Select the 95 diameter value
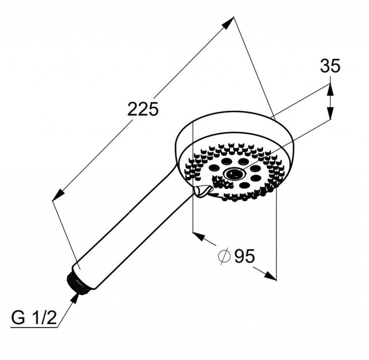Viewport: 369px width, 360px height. coord(245,256)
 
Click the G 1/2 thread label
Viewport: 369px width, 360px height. coord(34,319)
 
